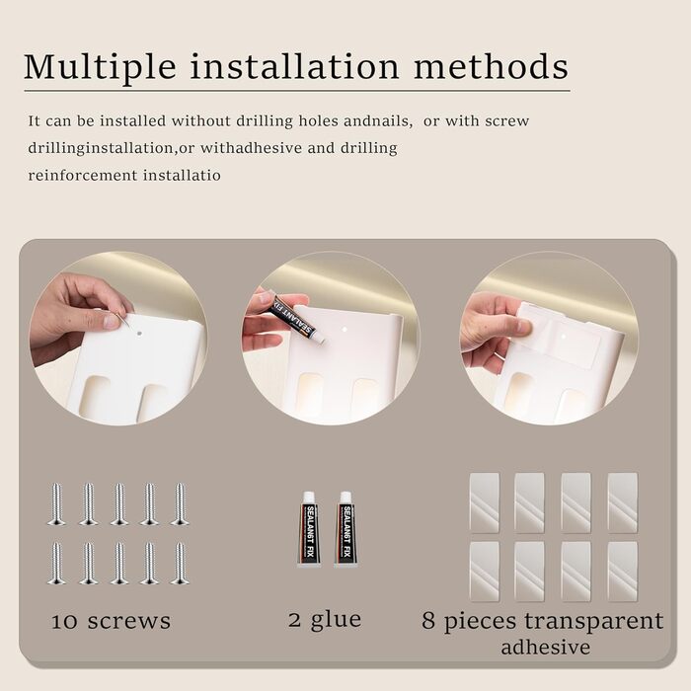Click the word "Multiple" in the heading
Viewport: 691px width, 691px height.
[x=100, y=67]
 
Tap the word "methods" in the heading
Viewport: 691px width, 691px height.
[x=491, y=66]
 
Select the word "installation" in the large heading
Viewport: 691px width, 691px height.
[x=294, y=66]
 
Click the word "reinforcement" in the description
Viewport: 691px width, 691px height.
[x=83, y=176]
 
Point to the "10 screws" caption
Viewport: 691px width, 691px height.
[x=111, y=621]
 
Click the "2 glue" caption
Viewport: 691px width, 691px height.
[x=325, y=620]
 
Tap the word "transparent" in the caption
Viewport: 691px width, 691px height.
[x=593, y=621]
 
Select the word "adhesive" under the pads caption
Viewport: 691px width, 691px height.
[x=546, y=648]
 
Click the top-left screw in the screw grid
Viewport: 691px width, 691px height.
[x=56, y=504]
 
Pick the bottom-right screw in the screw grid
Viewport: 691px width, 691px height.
[x=180, y=564]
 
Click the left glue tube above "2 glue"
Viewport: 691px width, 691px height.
[x=308, y=529]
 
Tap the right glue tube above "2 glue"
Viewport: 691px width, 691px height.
[x=345, y=529]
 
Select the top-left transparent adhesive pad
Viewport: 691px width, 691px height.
[x=485, y=502]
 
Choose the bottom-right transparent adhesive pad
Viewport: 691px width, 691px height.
[x=623, y=572]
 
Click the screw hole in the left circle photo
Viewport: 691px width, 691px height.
[x=139, y=334]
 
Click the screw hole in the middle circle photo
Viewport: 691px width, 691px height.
[x=345, y=329]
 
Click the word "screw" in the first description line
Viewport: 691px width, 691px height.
[x=506, y=121]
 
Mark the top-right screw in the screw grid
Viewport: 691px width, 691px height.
[x=180, y=504]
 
